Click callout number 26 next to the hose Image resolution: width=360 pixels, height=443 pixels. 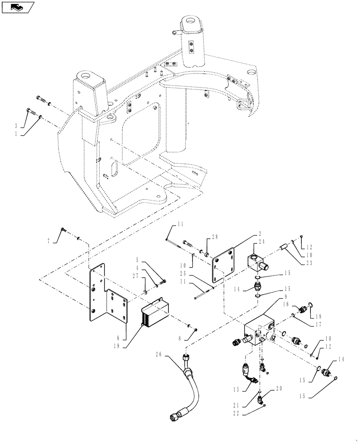pos(159,354)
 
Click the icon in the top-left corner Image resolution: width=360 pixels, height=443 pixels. pos(18,7)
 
